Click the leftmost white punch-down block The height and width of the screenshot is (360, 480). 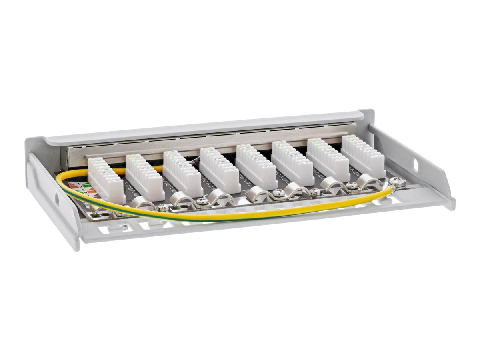tap(106, 180)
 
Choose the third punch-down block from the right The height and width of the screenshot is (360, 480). tap(293, 163)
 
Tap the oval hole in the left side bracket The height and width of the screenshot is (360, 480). tap(56, 200)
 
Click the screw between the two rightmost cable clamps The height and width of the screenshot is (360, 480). tap(351, 185)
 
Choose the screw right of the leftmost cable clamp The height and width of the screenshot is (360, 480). tap(164, 207)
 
